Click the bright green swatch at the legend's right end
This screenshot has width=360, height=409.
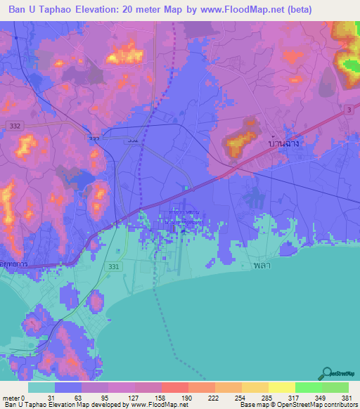point(335,387)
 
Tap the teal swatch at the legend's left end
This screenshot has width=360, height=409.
point(41,387)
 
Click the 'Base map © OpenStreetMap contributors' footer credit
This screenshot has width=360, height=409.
point(297,405)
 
